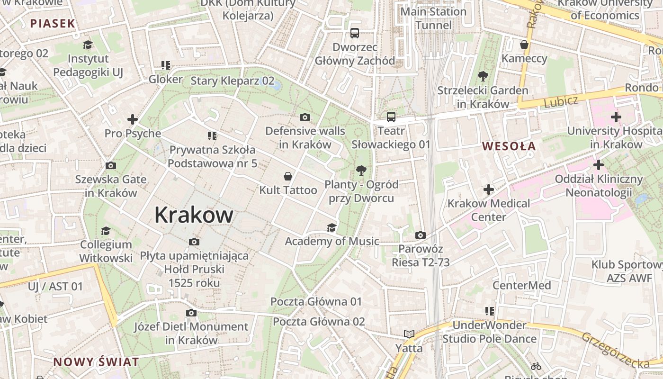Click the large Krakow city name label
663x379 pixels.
(x=194, y=215)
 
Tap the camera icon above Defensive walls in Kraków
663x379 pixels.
(x=305, y=117)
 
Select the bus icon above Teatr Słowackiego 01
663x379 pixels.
(x=391, y=117)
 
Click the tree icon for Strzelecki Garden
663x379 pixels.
(x=483, y=76)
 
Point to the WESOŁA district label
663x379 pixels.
(x=509, y=146)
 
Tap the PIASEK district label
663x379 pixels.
(x=53, y=23)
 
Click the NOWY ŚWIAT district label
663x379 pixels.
(x=96, y=362)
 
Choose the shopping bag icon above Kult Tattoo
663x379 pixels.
(x=287, y=177)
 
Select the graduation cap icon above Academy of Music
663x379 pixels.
(x=331, y=228)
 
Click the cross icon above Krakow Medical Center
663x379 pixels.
(x=489, y=189)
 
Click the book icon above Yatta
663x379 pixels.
(x=409, y=334)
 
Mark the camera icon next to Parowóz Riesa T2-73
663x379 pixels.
(x=420, y=235)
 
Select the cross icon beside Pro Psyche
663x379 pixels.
(x=133, y=119)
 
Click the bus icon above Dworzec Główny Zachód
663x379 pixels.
(x=355, y=33)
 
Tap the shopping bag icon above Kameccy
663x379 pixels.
(x=524, y=45)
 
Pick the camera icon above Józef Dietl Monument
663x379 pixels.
(x=191, y=313)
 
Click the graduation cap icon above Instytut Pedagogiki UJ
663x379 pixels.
(x=88, y=45)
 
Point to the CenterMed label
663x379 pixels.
(x=521, y=285)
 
